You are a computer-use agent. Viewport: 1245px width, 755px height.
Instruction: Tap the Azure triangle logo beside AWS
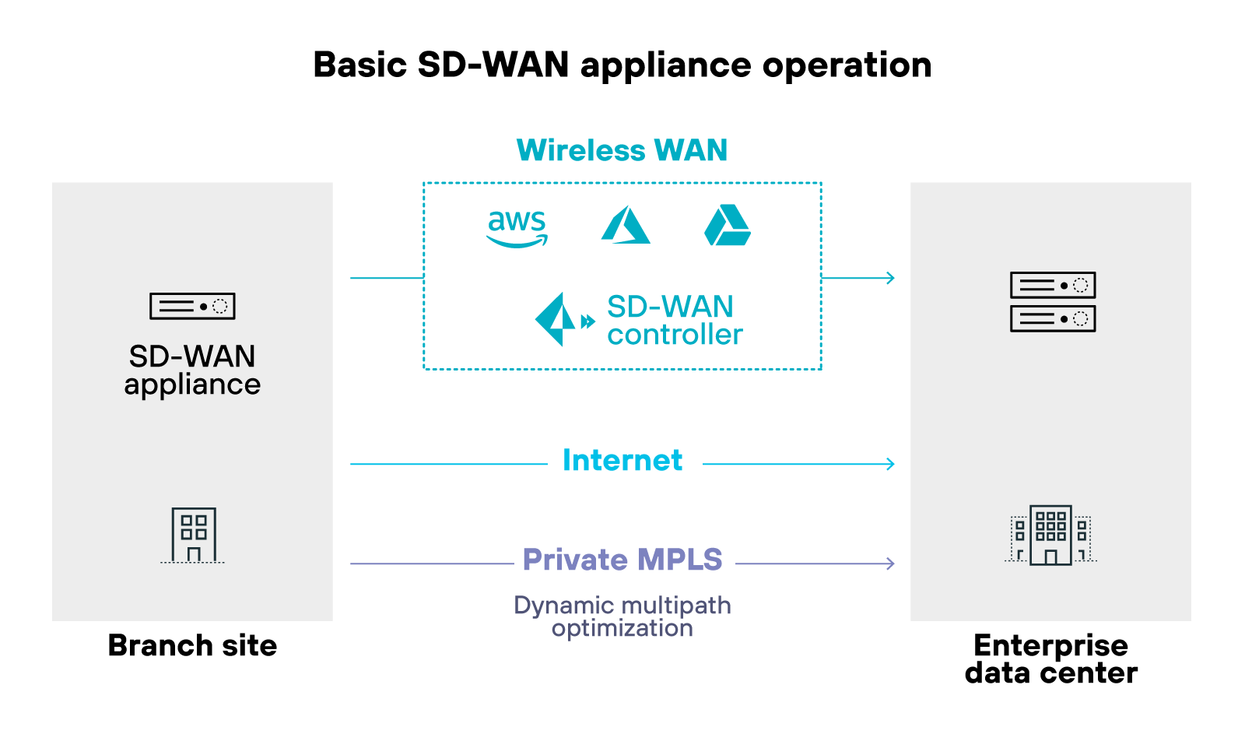626,226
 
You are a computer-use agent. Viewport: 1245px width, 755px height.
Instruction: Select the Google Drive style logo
728,226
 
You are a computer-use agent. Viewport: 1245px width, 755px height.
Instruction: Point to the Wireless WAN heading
622,150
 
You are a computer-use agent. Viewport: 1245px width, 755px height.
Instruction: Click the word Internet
622,461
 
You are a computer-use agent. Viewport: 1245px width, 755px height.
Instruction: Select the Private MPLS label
622,560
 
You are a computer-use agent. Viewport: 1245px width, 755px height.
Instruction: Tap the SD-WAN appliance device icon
192,307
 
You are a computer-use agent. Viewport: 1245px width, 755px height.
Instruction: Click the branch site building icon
193,536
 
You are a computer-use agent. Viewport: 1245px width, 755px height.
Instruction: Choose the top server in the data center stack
1052,286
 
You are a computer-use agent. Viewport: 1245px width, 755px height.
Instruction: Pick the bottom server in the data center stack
1052,318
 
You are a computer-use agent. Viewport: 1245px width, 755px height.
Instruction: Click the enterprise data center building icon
1050,536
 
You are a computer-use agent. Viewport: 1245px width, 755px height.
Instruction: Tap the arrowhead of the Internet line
890,464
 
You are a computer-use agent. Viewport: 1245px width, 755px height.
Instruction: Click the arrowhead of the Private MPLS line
890,564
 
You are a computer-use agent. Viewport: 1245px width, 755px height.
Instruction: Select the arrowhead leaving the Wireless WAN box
890,278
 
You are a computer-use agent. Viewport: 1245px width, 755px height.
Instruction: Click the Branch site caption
192,646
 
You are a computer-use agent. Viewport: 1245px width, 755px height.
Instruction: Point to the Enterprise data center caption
1050,659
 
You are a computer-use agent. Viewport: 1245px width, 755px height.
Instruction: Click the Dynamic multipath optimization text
622,616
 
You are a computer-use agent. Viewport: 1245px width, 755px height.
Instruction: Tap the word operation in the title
847,65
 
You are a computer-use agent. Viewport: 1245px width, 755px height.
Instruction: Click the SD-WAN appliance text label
192,370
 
